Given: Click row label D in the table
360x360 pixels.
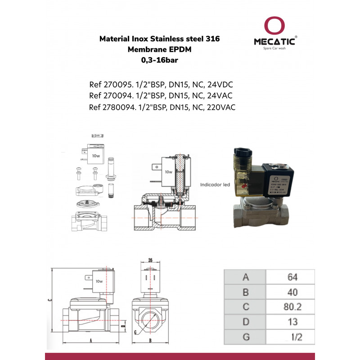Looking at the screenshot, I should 245,322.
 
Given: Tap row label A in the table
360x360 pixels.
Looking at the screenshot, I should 245,277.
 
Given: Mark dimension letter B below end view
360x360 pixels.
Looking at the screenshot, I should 150,341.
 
